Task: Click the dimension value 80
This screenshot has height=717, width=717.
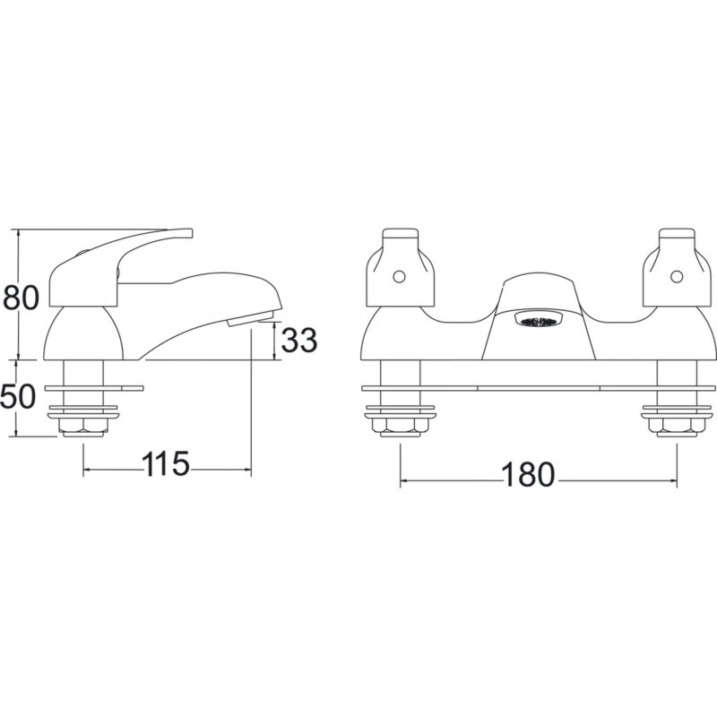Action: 21,298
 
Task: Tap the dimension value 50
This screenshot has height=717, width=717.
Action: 18,396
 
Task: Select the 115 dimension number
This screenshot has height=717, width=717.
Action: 166,463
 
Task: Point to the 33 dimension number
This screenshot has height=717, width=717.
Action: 298,340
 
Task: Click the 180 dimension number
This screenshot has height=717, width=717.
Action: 528,475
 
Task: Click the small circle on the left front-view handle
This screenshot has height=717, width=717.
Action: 399,277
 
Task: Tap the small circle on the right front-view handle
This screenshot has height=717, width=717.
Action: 677,277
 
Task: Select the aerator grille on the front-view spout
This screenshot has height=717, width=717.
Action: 539,321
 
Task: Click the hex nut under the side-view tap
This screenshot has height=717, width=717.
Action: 83,425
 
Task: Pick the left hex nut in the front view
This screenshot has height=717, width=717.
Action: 401,425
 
